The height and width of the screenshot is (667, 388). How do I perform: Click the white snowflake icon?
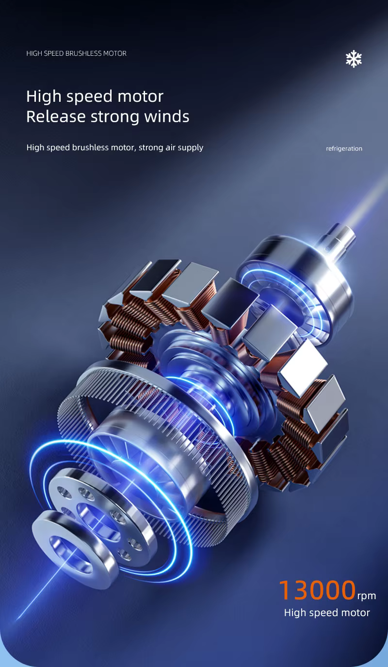(354, 59)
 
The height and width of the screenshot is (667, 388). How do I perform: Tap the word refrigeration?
(344, 149)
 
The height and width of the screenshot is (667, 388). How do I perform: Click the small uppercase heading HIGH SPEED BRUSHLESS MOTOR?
(76, 53)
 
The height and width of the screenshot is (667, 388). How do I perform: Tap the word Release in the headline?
(56, 116)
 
